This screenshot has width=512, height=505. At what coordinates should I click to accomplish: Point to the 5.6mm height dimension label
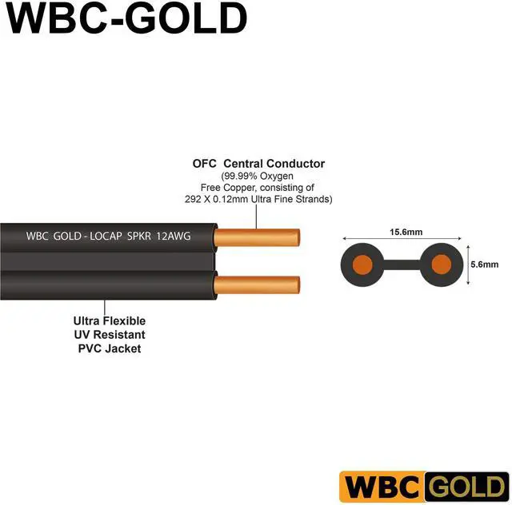coord(486,264)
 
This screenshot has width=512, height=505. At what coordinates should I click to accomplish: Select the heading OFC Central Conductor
coord(258,164)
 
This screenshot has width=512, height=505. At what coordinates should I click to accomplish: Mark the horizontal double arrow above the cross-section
coord(402,239)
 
